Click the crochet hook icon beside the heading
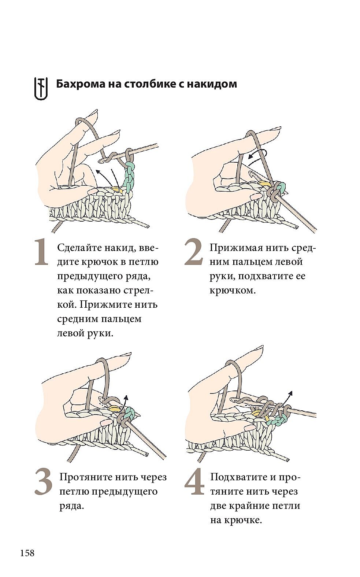click(x=41, y=88)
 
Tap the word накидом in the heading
click(x=212, y=84)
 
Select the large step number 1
click(x=41, y=252)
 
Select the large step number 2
click(x=194, y=252)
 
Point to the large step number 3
click(x=44, y=482)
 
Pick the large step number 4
click(x=194, y=482)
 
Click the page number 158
click(x=27, y=553)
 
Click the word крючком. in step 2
click(x=233, y=291)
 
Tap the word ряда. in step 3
click(x=72, y=506)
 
